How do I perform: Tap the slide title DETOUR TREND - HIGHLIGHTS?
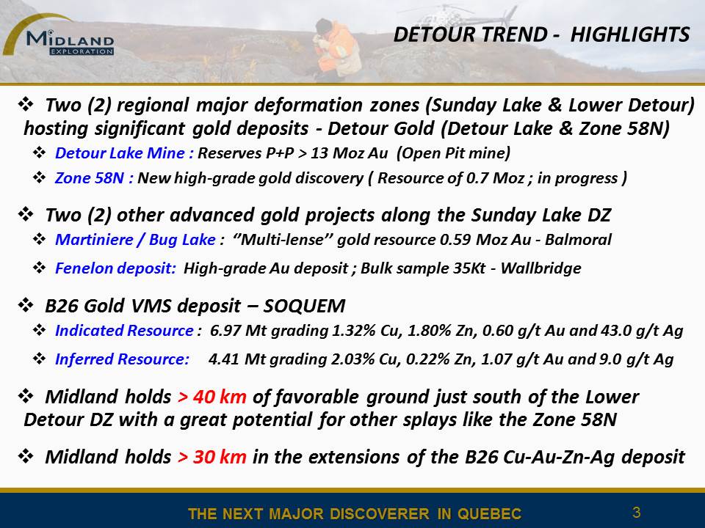click(x=541, y=34)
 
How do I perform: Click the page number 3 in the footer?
click(x=636, y=513)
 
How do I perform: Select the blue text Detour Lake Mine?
click(x=120, y=153)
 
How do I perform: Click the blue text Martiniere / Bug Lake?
click(x=135, y=240)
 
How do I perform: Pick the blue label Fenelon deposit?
click(x=115, y=268)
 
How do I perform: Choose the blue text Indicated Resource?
click(x=124, y=331)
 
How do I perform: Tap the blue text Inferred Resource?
click(x=122, y=359)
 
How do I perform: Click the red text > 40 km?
click(x=212, y=397)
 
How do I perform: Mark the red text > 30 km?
click(x=212, y=457)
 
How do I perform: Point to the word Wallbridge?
click(x=541, y=268)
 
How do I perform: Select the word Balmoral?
click(x=578, y=240)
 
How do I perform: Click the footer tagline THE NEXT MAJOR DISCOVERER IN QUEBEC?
click(x=355, y=513)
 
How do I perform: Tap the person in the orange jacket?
click(x=336, y=48)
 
